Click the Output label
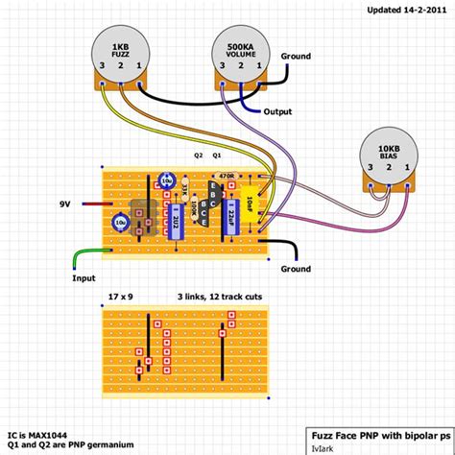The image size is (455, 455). click(x=277, y=112)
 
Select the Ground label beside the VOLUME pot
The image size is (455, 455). click(x=297, y=56)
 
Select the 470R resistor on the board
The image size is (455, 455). click(x=227, y=176)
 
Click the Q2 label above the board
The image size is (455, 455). click(x=199, y=154)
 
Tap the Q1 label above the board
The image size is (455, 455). click(x=217, y=154)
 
